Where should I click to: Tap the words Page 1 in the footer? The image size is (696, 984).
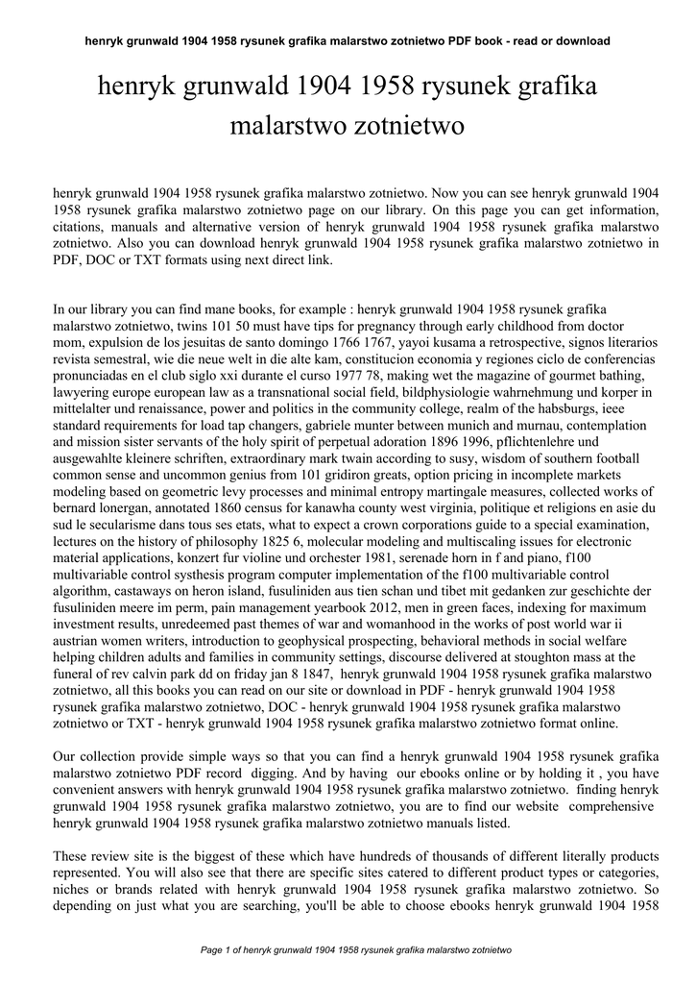[x=219, y=949]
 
